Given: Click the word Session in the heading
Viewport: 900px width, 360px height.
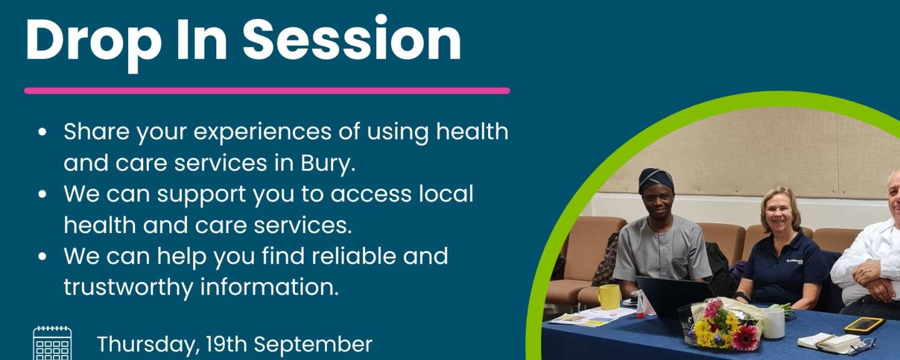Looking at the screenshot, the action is pos(352,39).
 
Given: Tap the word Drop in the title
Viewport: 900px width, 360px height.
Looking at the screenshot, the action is pos(94,43).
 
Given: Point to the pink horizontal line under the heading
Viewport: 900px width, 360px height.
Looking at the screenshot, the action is pos(267,91).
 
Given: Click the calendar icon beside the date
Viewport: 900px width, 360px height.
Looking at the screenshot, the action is pos(52,344).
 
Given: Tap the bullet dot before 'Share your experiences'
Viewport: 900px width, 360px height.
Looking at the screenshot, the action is pos(42,132).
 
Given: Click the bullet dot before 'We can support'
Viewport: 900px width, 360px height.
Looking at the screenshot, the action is pos(42,194).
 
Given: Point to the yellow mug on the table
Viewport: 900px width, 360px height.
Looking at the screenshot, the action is pos(609,297).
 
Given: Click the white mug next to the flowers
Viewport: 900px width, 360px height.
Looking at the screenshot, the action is pos(774,323).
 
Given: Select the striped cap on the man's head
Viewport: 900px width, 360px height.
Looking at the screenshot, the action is pos(656,180).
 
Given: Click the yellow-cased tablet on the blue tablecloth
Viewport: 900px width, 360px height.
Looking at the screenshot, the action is pos(864,324).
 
